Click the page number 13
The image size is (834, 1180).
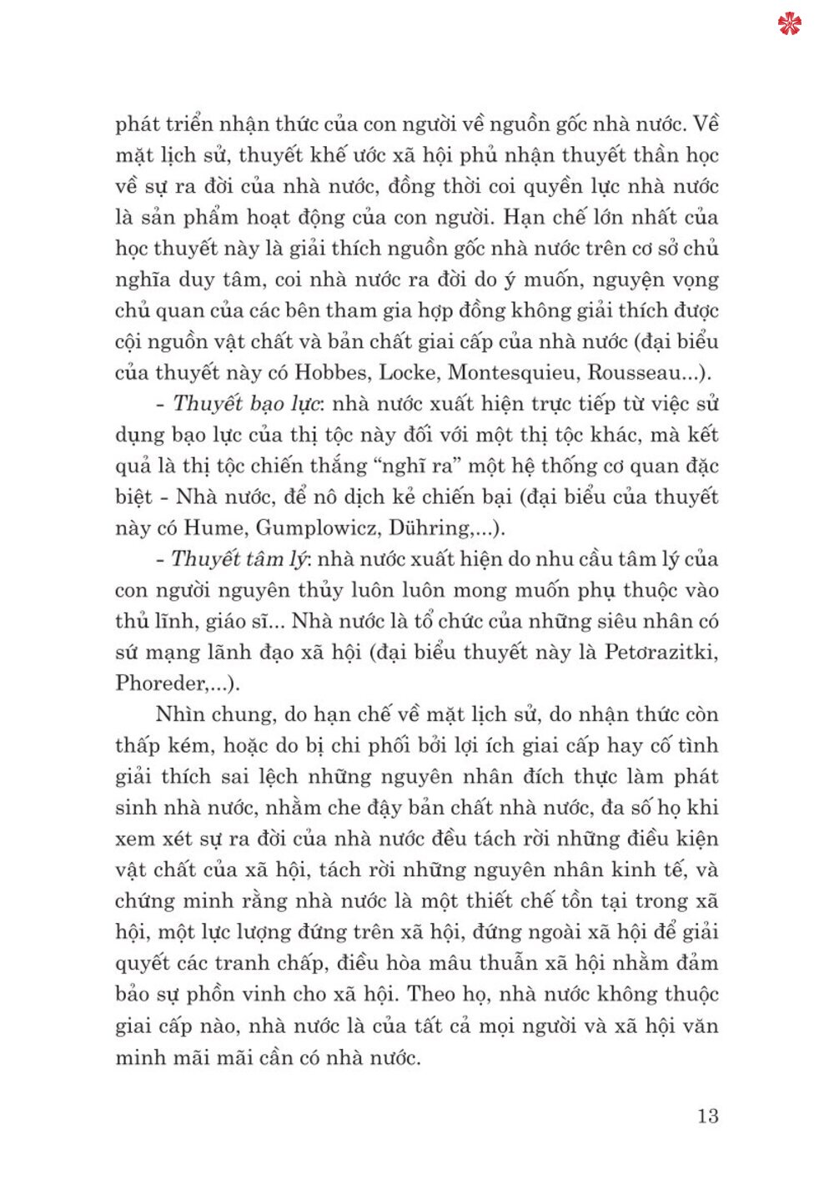tap(707, 1116)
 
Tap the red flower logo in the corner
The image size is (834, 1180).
tap(789, 24)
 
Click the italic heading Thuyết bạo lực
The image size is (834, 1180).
tap(246, 404)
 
